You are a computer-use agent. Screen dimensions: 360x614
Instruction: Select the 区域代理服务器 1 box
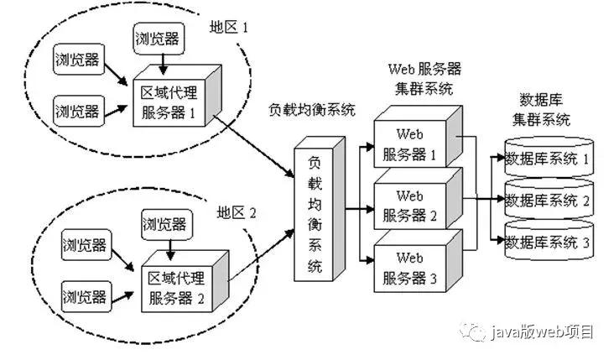pos(170,101)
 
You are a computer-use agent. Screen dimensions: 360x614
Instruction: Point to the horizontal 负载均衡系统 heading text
pos(311,110)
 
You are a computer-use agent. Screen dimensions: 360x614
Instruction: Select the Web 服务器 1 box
pos(410,144)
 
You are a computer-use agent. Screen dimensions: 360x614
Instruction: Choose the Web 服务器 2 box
pos(410,206)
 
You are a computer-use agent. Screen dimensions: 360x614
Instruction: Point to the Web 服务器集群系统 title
pos(424,77)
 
